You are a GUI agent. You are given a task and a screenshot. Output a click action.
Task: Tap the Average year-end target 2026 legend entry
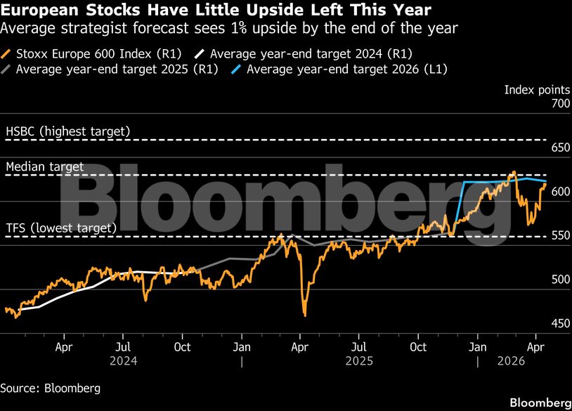click(347, 70)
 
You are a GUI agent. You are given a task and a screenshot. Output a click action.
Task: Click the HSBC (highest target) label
click(67, 131)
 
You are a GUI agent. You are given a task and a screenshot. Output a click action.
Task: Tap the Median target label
click(44, 167)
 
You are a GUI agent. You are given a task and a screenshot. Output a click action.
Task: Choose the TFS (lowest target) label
click(60, 228)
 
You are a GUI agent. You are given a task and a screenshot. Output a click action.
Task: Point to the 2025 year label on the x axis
click(359, 361)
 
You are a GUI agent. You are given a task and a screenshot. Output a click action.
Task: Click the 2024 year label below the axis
click(122, 361)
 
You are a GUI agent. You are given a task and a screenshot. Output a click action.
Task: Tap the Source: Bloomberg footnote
click(50, 388)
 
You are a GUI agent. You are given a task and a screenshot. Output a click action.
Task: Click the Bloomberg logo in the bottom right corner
click(540, 403)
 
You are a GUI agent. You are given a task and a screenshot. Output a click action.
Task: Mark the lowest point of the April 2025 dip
click(304, 315)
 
